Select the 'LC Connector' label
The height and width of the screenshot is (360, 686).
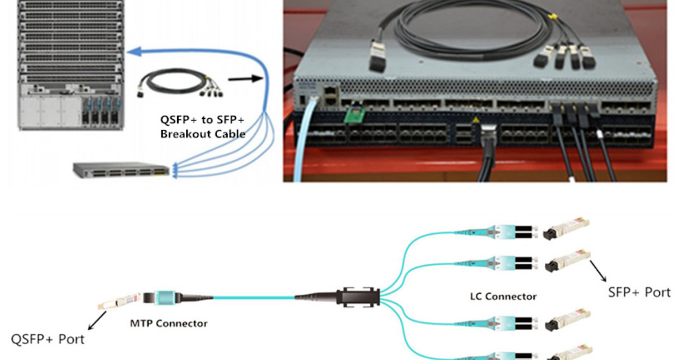tap(503, 296)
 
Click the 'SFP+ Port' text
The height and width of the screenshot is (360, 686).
tap(639, 292)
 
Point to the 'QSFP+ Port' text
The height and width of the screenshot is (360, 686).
tap(48, 339)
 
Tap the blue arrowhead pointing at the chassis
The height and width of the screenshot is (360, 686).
tap(134, 52)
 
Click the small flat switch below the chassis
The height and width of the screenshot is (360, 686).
tap(121, 169)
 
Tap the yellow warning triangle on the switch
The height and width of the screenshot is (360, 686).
tap(474, 121)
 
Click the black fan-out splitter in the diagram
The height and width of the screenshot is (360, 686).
tap(357, 297)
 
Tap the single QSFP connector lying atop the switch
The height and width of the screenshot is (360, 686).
tap(378, 57)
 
